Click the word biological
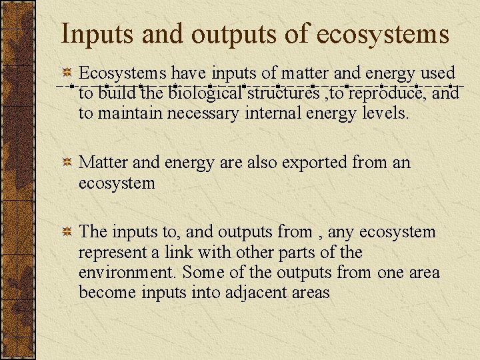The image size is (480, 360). (x=206, y=93)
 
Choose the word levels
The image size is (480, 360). (x=385, y=114)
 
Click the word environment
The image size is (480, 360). (x=128, y=273)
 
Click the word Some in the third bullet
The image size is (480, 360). (x=201, y=273)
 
